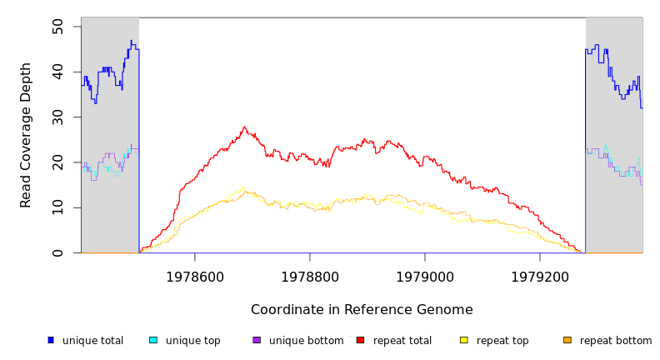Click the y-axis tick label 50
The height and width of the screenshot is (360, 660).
pos(57,27)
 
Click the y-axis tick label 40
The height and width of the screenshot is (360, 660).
pos(57,72)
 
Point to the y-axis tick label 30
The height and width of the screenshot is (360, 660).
pos(57,117)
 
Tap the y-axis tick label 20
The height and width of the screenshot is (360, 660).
pos(57,162)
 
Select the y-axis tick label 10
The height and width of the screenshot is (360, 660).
pos(57,207)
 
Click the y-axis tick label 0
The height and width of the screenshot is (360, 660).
pos(57,252)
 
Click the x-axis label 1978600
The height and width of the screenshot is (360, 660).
pos(195,276)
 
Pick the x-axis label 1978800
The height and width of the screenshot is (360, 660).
pos(310,276)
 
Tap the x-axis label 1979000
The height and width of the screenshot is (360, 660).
pos(425,276)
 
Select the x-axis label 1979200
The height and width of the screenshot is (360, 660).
pos(540,276)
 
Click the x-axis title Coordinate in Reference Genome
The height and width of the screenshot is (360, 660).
pos(362,310)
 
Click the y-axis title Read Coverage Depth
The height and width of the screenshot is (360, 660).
pos(27,135)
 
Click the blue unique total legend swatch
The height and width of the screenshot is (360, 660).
pos(51,340)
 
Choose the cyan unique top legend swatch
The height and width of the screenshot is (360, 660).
pos(153,340)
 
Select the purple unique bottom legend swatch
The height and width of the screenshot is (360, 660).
pos(257,340)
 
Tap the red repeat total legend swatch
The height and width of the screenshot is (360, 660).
pos(360,340)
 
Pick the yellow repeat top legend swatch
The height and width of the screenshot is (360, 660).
pos(464,340)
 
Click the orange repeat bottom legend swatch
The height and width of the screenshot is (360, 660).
pos(567,340)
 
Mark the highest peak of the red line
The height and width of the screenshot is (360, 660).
pos(244,127)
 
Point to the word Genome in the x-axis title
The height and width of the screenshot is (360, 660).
pos(446,310)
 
